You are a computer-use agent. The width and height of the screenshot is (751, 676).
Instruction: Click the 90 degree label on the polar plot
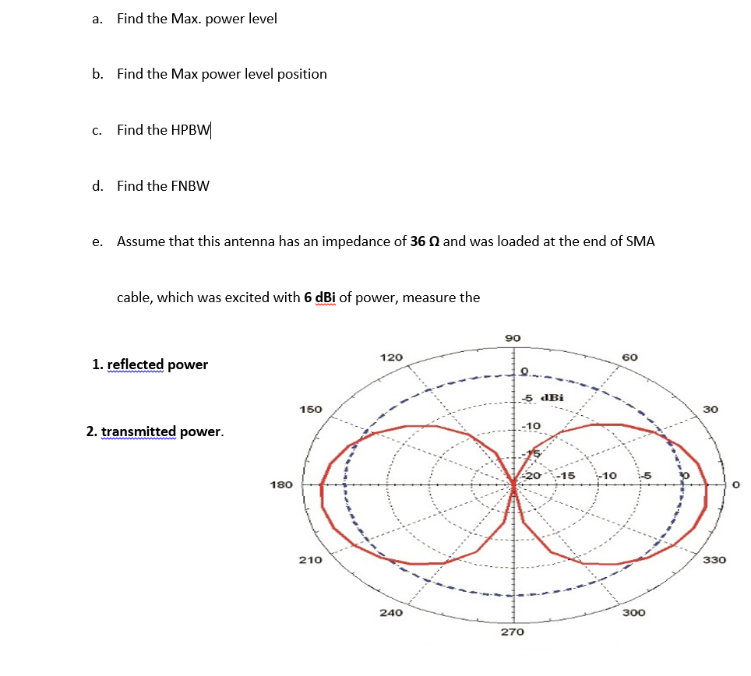coord(513,338)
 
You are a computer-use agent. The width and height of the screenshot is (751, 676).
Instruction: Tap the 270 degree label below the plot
coord(513,632)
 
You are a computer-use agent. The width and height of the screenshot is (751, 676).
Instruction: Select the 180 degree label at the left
coord(280,484)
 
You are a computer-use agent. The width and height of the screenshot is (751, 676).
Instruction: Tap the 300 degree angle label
coord(633,613)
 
